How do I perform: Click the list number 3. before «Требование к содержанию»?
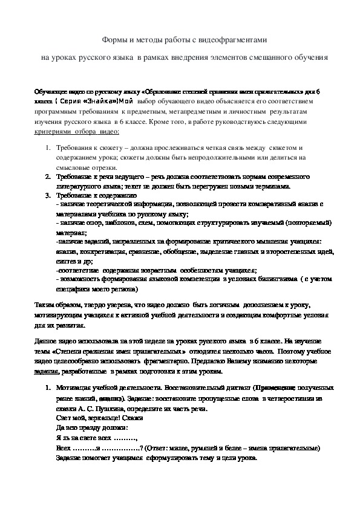click(48, 195)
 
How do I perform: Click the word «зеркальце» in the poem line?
click(91, 417)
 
